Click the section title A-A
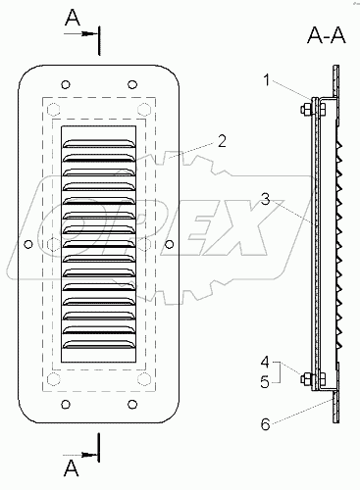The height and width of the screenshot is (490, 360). [326, 35]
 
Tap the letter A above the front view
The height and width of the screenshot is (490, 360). [73, 18]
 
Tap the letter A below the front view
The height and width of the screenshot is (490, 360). [72, 468]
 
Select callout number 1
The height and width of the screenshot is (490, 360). [267, 80]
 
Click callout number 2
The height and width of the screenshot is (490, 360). [222, 141]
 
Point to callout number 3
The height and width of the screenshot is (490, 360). [266, 199]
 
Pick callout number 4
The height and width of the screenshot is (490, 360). [265, 362]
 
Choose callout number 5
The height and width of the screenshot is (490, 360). [265, 381]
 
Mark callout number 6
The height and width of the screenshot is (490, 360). [266, 424]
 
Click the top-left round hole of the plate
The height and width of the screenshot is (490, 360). [66, 84]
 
